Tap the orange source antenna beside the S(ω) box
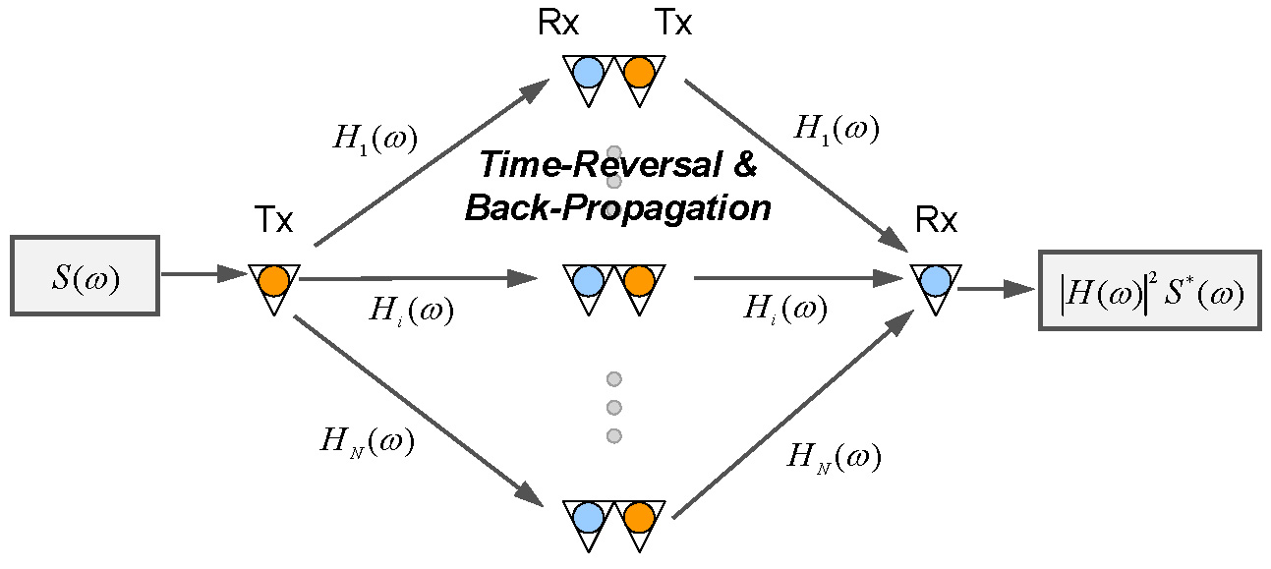click(272, 281)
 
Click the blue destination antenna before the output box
click(934, 281)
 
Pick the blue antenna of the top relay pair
click(588, 72)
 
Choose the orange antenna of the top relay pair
click(639, 72)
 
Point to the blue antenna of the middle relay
click(588, 280)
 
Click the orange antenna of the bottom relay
click(639, 516)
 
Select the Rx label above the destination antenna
click(935, 222)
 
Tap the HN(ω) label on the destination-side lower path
click(836, 457)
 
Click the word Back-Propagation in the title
click(618, 208)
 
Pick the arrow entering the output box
click(996, 288)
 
